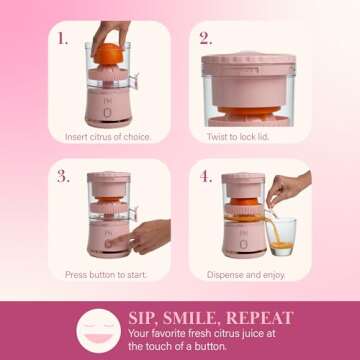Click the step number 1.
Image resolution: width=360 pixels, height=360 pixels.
63,39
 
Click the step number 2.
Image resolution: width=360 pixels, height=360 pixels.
205,39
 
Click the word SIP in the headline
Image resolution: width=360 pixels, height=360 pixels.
144,318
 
